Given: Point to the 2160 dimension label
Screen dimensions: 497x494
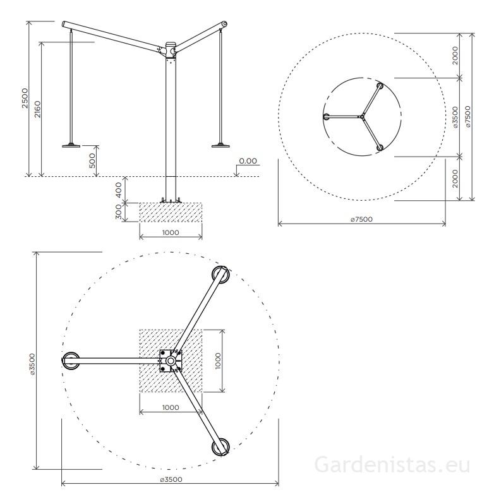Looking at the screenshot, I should (38, 109).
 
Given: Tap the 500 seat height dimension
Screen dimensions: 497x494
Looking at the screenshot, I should (92, 160).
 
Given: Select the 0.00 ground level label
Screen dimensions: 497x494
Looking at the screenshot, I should (248, 161).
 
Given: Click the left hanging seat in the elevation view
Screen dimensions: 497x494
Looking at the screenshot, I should (71, 145).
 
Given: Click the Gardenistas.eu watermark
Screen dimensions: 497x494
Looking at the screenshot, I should (392, 465).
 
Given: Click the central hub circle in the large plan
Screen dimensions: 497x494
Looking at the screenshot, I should (171, 360).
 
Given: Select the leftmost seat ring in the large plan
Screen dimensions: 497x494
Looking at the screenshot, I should (71, 361).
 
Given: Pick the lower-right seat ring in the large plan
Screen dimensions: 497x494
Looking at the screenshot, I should (220, 446).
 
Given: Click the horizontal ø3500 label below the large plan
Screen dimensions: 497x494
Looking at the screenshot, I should (170, 480).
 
